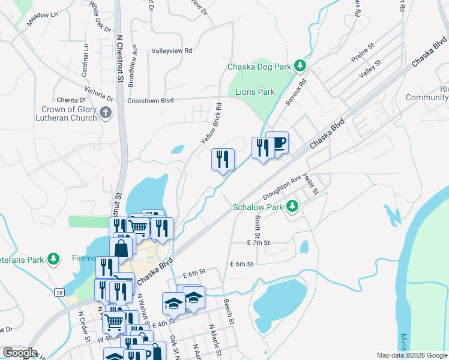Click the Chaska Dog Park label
(261, 67)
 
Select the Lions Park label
(255, 92)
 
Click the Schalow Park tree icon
(292, 206)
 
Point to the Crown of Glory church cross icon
(106, 113)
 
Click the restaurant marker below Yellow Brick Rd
(223, 160)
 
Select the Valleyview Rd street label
(172, 51)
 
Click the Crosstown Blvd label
(150, 101)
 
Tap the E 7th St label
(259, 242)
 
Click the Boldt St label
(257, 226)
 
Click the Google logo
(20, 353)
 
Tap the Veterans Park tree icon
(54, 259)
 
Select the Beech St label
(228, 311)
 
